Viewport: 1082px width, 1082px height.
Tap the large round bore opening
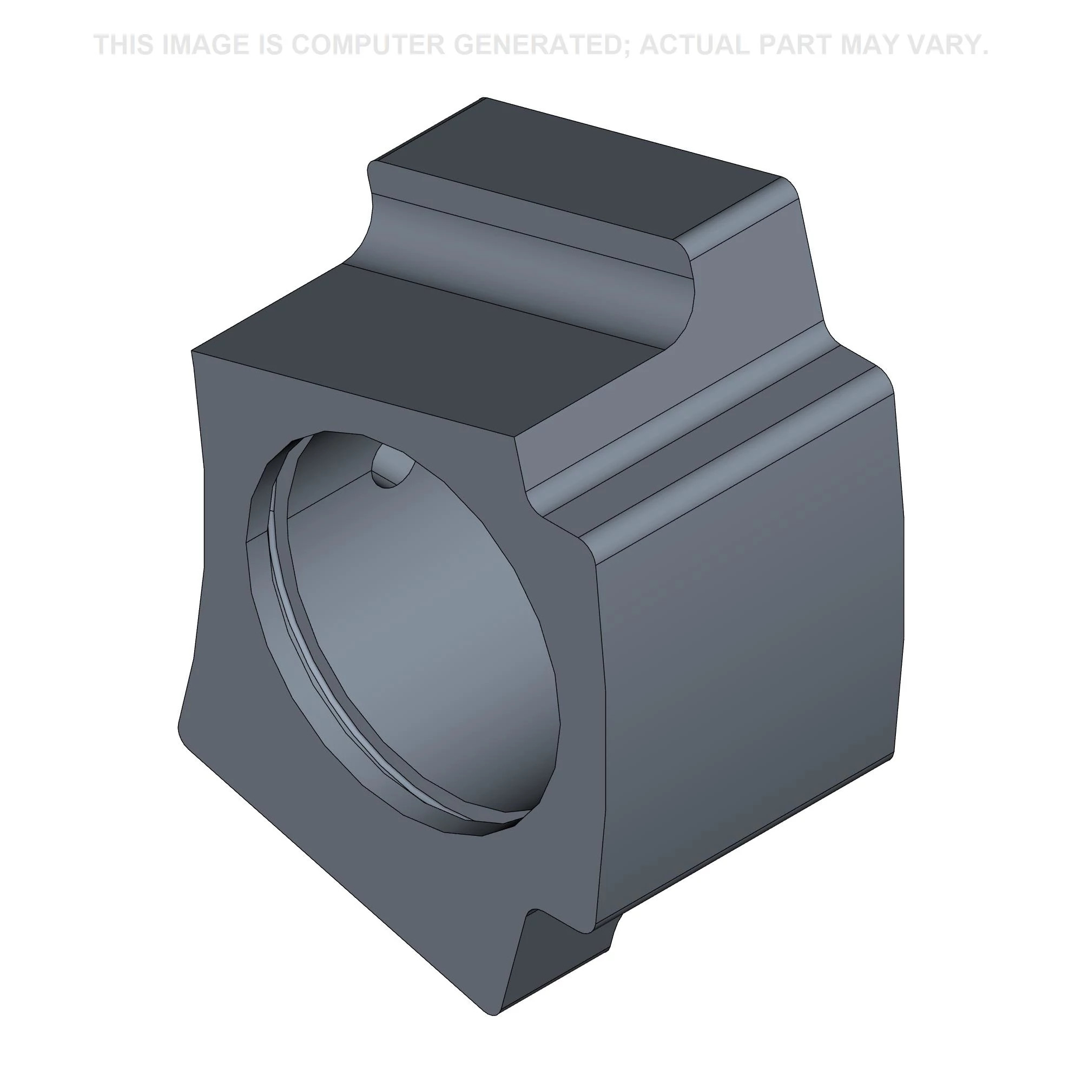[x=403, y=636]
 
